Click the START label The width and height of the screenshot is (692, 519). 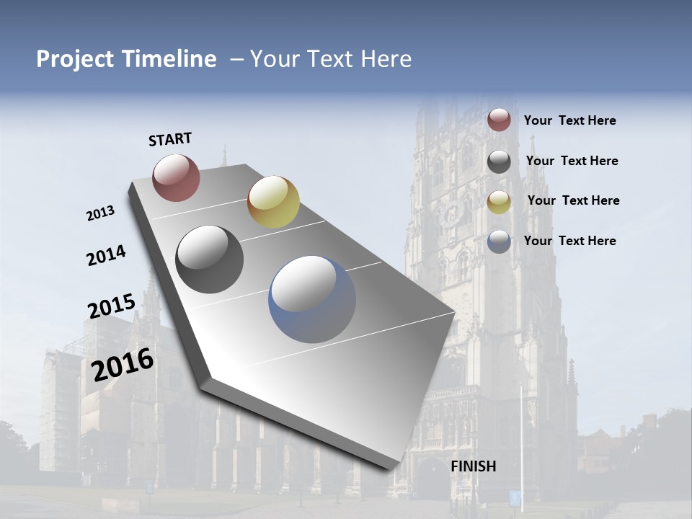(x=170, y=139)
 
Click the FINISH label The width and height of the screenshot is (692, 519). (x=473, y=466)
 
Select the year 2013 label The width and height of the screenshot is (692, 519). (x=100, y=213)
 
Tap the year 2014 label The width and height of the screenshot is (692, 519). (x=106, y=255)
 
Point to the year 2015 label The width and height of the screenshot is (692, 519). (x=112, y=306)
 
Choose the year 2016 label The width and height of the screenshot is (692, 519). (x=123, y=364)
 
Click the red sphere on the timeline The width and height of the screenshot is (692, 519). (x=176, y=177)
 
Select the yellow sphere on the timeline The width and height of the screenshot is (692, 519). (x=273, y=201)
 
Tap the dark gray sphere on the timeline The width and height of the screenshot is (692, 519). (x=210, y=259)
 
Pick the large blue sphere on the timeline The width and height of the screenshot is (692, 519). (x=312, y=299)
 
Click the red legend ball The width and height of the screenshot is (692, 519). (x=499, y=120)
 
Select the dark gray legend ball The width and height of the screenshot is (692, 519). (x=499, y=161)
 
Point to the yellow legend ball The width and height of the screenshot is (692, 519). (x=499, y=202)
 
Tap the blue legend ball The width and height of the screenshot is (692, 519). (x=499, y=241)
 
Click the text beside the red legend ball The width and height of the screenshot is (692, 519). (x=569, y=120)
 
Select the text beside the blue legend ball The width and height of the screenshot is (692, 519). (x=569, y=241)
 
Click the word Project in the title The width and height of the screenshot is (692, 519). (x=73, y=59)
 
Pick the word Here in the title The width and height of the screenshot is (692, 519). (x=385, y=59)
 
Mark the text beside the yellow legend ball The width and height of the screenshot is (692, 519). (x=573, y=200)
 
